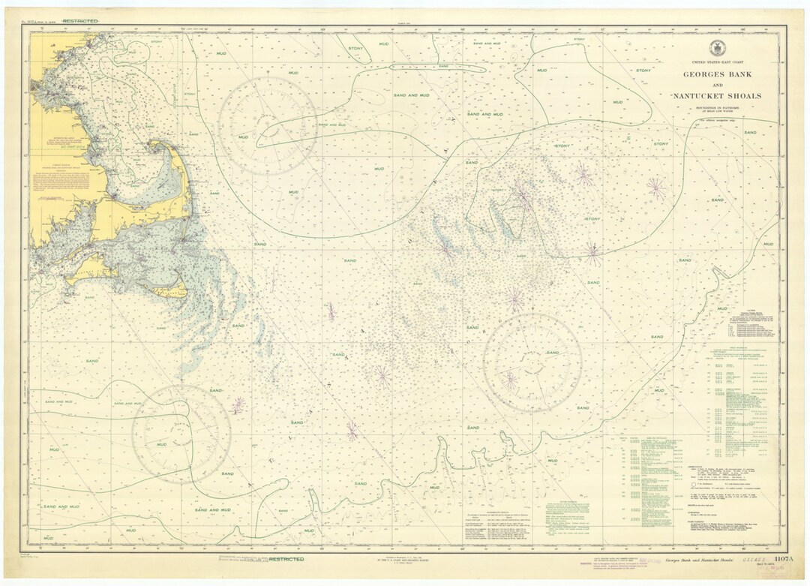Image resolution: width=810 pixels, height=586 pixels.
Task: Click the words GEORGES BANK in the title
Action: tap(716, 74)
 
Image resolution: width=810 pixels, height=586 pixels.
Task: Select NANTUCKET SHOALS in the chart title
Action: tap(716, 96)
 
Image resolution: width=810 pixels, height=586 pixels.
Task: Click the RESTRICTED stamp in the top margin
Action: tap(80, 21)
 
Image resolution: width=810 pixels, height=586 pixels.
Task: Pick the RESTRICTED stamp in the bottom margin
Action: tap(286, 559)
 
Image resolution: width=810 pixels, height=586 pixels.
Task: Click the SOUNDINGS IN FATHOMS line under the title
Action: tap(716, 109)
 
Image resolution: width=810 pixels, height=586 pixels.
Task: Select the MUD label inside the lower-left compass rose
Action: tap(161, 444)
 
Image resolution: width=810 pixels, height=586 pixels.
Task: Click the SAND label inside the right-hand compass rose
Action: tap(553, 353)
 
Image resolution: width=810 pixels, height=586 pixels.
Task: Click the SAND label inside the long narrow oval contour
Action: tap(444, 66)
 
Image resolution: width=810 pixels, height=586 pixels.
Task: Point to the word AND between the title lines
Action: tap(716, 86)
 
